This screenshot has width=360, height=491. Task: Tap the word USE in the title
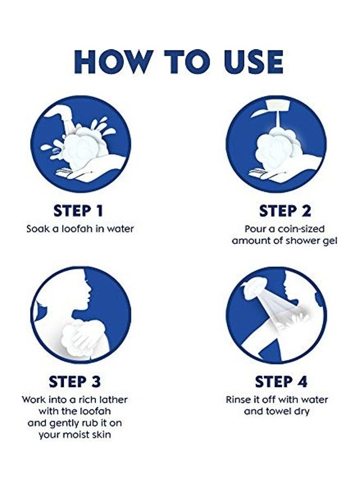coord(254,62)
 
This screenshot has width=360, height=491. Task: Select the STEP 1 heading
coord(78,211)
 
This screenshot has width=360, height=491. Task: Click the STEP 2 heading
coord(285,211)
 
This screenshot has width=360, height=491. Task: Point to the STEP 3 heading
coord(75,382)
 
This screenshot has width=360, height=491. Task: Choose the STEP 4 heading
coord(281,382)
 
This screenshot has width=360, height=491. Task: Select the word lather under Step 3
coord(113,399)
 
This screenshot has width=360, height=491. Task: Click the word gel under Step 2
coord(329,241)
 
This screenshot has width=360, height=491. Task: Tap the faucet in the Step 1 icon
coord(63,116)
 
